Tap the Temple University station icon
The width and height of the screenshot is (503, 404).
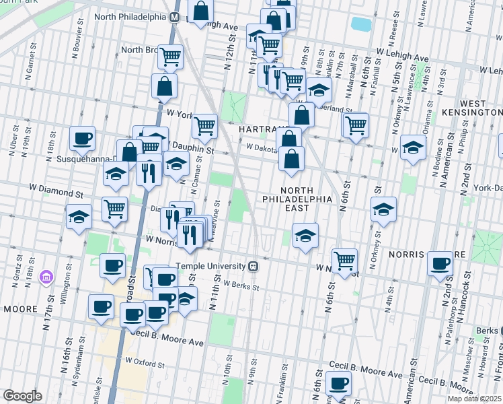[x=254, y=266]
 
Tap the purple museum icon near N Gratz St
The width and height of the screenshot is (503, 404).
[x=46, y=277]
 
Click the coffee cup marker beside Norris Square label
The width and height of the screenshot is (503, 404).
[x=441, y=263]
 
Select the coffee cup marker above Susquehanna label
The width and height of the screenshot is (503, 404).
[x=83, y=139]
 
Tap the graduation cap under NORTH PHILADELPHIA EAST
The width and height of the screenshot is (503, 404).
[x=305, y=236]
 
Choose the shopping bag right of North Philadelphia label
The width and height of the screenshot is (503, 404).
[x=200, y=12]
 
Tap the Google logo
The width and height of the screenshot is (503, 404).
[x=22, y=396]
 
